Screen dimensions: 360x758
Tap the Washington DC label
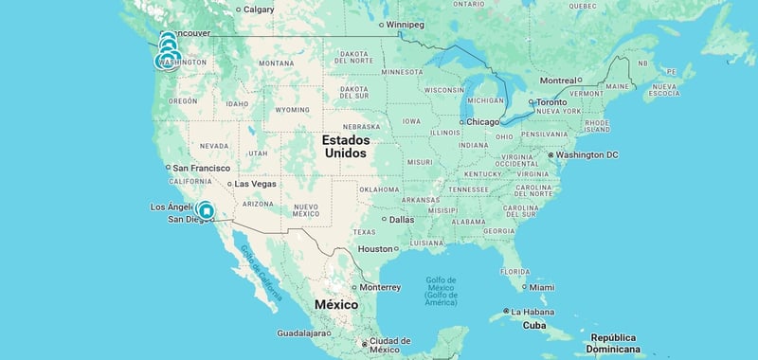[x=587, y=154]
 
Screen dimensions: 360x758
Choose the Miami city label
[x=542, y=287]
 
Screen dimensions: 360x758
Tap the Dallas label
[x=401, y=220]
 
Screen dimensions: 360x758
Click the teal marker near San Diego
[x=206, y=210]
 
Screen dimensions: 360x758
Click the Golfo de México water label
[x=441, y=290]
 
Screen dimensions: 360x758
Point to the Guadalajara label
[x=302, y=333]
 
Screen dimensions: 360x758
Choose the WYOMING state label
[x=292, y=110]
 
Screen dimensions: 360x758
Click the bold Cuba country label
[x=535, y=326]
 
